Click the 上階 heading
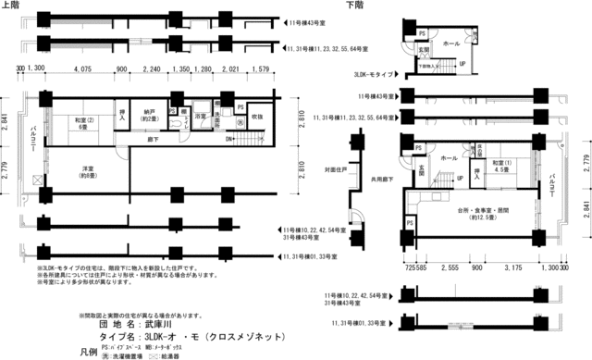11,6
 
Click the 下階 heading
354,6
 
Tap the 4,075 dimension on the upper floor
82,68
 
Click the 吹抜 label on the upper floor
258,117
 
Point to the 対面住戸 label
334,170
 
